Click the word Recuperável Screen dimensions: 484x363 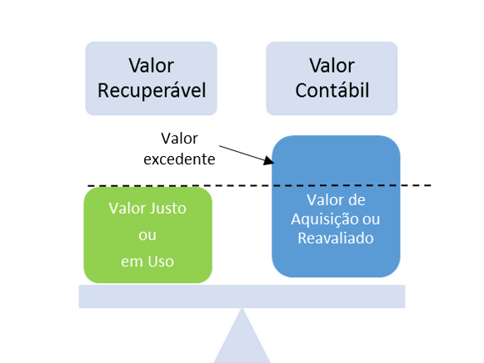[152, 91]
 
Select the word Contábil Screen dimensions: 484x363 [332, 90]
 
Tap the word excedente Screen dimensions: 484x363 [179, 159]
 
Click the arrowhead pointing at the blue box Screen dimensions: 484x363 [269, 160]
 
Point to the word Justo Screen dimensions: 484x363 [167, 208]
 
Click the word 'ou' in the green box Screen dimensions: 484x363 [147, 235]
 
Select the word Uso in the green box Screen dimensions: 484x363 [161, 261]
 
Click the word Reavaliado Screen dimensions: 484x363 [336, 238]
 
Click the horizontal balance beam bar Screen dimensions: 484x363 [242, 296]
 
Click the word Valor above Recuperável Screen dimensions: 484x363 [152, 66]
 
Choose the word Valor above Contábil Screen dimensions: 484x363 [332, 66]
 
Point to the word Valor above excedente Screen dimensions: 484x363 [179, 139]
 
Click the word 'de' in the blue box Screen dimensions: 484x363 [357, 200]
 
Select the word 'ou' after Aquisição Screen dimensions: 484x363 [371, 219]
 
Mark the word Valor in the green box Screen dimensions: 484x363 [127, 208]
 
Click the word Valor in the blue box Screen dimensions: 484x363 [325, 200]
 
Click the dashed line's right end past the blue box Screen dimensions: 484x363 [431, 185]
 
